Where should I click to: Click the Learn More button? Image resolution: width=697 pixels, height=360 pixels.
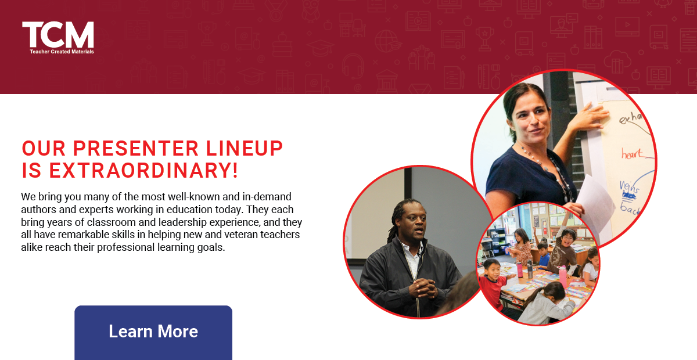click(x=153, y=332)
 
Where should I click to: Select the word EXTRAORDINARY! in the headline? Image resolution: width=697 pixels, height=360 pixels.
click(x=144, y=170)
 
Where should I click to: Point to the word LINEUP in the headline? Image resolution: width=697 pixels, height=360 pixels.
click(x=243, y=149)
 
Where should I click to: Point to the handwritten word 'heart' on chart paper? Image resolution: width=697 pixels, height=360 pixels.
click(x=633, y=154)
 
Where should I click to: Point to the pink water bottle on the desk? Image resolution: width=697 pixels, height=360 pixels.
click(x=562, y=276)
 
